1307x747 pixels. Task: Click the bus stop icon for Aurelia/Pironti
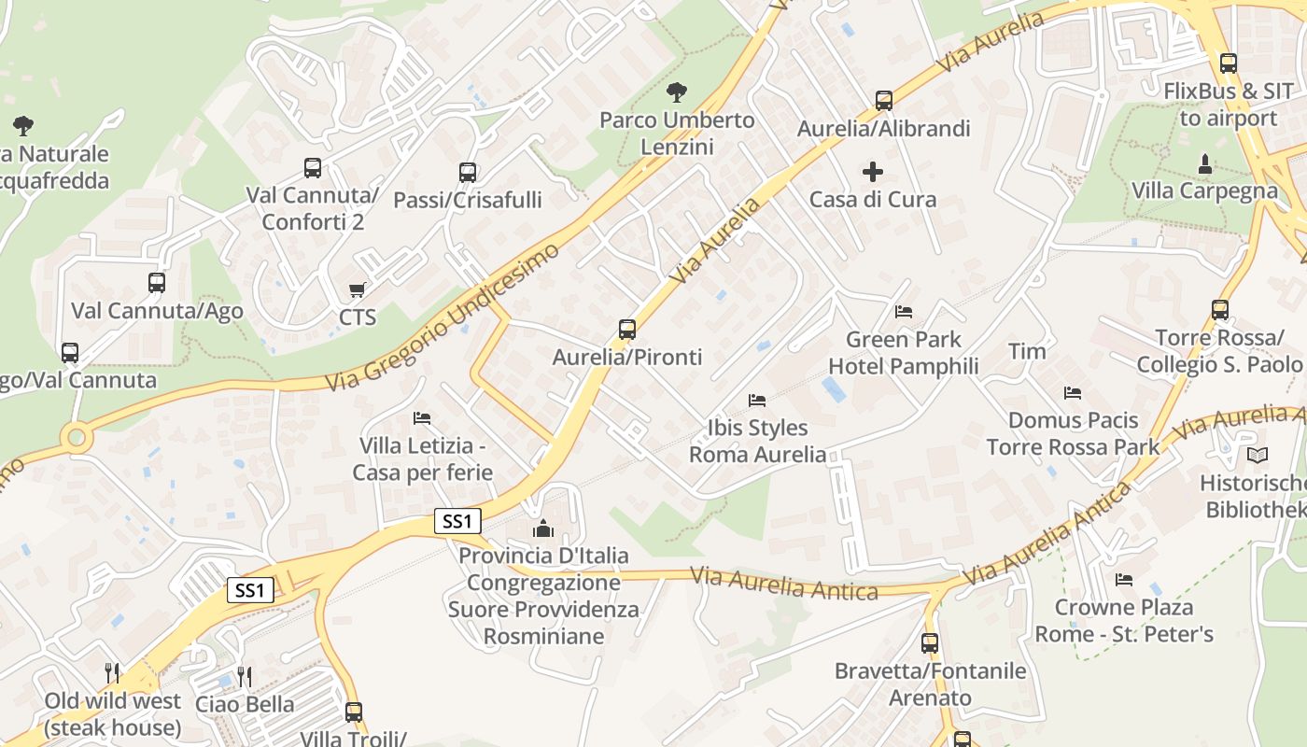(x=627, y=330)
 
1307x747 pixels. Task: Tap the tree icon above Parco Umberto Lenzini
(x=677, y=92)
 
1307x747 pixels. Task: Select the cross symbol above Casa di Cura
(x=873, y=172)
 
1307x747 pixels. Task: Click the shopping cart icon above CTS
(x=357, y=290)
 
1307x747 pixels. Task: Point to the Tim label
(x=1027, y=352)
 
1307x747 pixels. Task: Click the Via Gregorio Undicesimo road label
(x=443, y=317)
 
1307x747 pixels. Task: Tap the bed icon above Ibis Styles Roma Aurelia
(x=757, y=401)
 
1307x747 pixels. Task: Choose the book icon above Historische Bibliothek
(x=1258, y=456)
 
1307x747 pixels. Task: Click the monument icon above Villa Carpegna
(x=1204, y=163)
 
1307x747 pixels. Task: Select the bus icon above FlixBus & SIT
(x=1229, y=64)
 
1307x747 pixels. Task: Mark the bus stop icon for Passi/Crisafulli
(x=468, y=173)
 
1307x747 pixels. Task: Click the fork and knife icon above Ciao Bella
(x=245, y=676)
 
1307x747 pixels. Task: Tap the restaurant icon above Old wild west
(x=112, y=673)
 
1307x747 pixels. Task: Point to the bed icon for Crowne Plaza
(x=1124, y=580)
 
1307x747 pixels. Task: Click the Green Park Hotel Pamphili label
(x=903, y=352)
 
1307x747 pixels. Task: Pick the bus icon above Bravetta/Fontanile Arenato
(x=930, y=643)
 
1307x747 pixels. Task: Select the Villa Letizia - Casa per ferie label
(x=423, y=458)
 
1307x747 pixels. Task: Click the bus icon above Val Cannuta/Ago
(x=157, y=283)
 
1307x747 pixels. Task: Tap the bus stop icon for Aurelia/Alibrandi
(x=884, y=101)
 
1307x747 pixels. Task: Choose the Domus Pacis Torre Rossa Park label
(x=1074, y=433)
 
